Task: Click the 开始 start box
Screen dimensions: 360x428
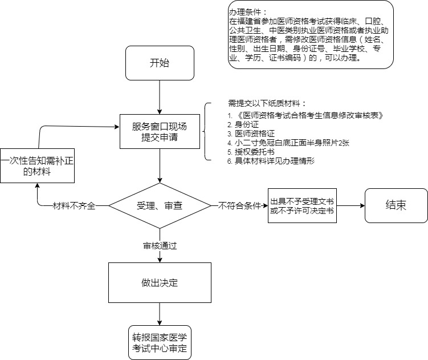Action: (160, 63)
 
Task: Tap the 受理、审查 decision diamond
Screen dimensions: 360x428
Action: (160, 205)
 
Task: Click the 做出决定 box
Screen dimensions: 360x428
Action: (160, 282)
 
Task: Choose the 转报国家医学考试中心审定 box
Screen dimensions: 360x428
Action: (160, 342)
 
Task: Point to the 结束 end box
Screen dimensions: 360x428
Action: (396, 205)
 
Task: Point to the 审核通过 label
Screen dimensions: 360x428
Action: (160, 245)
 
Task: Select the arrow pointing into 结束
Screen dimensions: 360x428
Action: (350, 205)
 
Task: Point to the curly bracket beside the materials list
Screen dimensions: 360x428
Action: (206, 132)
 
